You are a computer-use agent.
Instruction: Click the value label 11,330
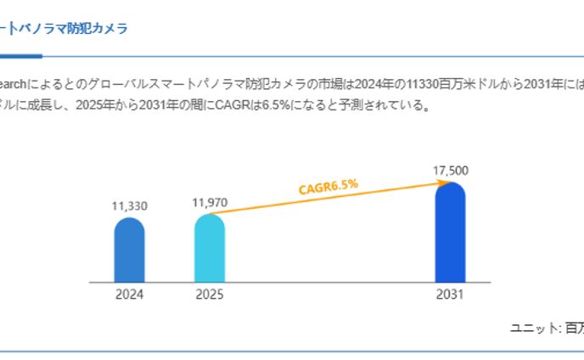[129, 205]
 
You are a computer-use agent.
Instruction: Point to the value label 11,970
[210, 202]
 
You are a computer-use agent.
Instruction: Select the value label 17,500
[450, 171]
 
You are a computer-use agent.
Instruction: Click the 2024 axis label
[129, 295]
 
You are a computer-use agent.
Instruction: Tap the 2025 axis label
[210, 295]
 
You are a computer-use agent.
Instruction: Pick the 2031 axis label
[450, 295]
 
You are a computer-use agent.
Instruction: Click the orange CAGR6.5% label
[328, 186]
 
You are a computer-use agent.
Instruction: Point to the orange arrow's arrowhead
[430, 181]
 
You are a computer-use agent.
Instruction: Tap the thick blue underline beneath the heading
[20, 57]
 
